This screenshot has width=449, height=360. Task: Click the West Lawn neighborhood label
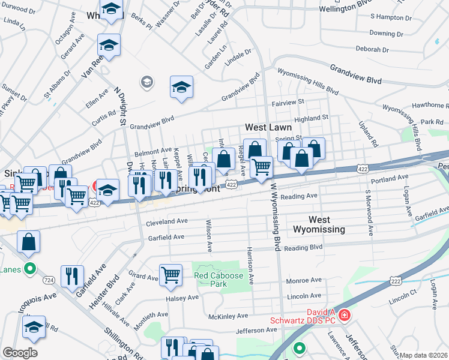coord(268,127)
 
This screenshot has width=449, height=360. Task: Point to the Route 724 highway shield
coord(49,280)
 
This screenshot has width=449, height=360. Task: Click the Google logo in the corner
coord(20,353)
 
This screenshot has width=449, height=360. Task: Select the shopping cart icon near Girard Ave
coord(171,275)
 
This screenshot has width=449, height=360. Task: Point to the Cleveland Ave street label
coord(167,222)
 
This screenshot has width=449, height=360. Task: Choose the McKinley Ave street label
coord(228,316)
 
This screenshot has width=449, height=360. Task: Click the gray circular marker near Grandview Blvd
coord(145,81)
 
